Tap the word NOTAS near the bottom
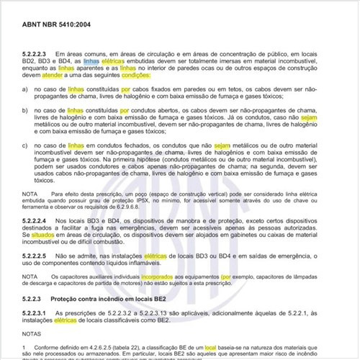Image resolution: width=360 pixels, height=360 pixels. pyautogui.click(x=33, y=334)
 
